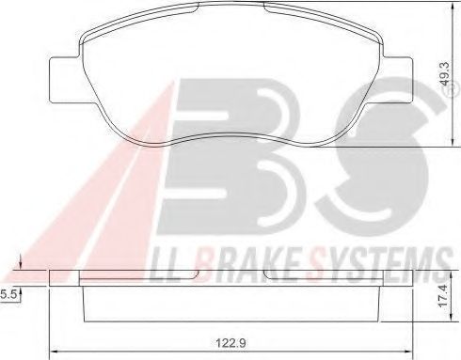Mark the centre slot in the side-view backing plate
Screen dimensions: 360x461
point(230,275)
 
